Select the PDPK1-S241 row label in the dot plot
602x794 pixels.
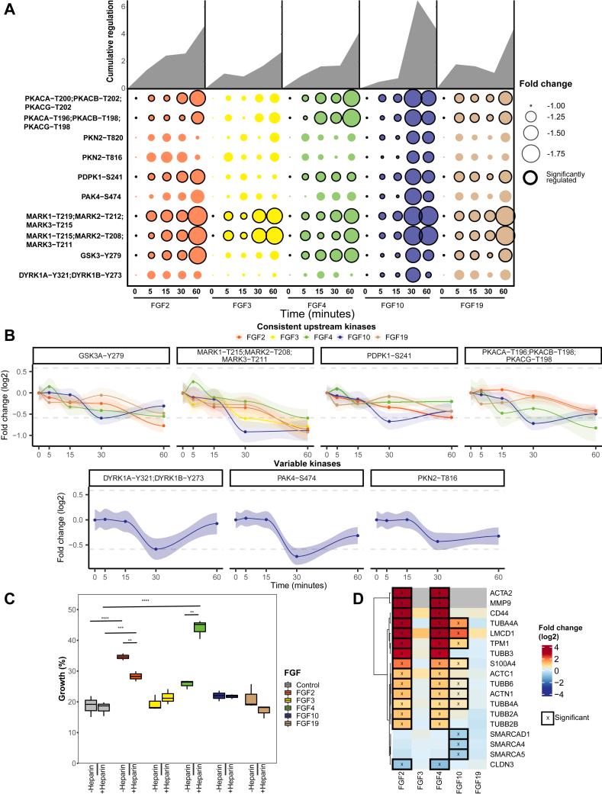point(100,176)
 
